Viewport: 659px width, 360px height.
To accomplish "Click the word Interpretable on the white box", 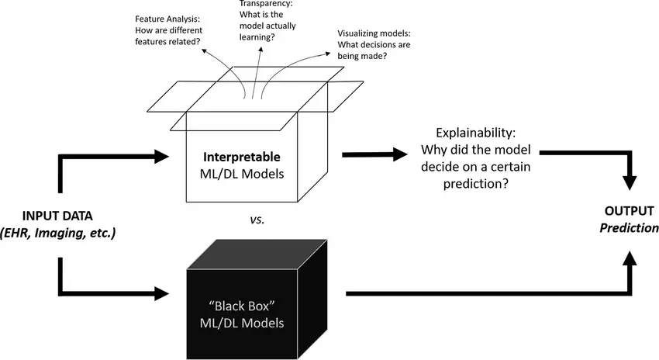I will (x=241, y=157).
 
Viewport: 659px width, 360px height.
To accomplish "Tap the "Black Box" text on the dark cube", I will (x=241, y=304).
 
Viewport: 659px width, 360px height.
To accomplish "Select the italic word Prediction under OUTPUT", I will (x=632, y=228).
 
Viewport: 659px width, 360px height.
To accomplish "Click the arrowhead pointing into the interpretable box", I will (x=160, y=157).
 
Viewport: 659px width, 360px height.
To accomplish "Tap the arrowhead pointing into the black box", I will (x=160, y=293).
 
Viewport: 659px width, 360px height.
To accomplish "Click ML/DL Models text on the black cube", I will (x=241, y=321).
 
